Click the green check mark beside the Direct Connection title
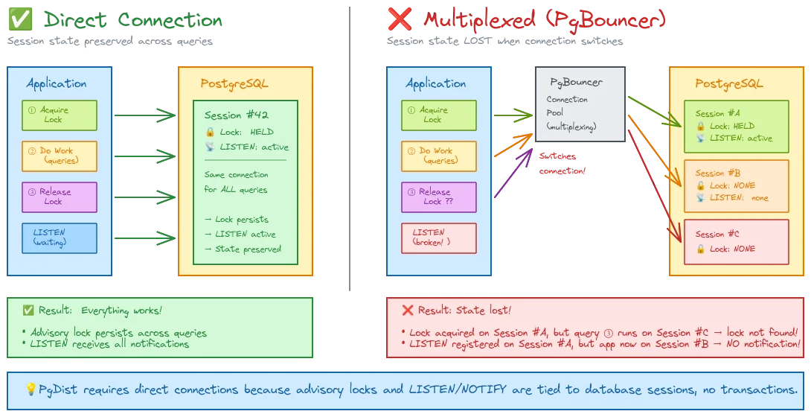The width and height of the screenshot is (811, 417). pos(17,20)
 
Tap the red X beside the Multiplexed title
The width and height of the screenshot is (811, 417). pos(400,20)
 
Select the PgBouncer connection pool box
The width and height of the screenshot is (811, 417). pos(580,104)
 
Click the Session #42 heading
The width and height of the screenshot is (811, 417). pos(236,115)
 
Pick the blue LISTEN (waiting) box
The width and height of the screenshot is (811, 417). pos(60,237)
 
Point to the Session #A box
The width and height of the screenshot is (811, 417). pos(736,126)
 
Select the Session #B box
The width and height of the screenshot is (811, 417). pos(736,185)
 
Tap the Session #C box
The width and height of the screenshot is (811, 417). pos(736,241)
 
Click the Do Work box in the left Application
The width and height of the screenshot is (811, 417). pos(60,156)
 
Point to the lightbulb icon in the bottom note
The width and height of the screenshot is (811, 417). pos(31,389)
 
